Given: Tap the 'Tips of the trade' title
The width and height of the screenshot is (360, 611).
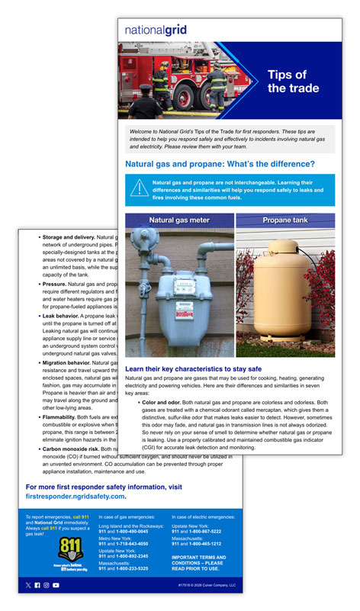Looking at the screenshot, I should [x=287, y=82].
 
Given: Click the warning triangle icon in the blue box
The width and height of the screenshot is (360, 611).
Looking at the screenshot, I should [x=138, y=188].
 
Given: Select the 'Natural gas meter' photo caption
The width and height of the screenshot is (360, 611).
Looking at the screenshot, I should [x=179, y=220].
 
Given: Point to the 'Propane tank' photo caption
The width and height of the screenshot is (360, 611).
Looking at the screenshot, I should [x=284, y=220].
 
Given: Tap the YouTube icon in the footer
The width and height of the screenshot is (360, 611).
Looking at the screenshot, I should [x=55, y=585].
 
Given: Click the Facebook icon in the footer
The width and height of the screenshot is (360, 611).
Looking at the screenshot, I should [x=37, y=585].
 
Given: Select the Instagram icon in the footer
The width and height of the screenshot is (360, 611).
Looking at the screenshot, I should [x=46, y=585].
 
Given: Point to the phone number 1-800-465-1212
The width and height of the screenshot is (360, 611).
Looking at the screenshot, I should [x=203, y=544].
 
